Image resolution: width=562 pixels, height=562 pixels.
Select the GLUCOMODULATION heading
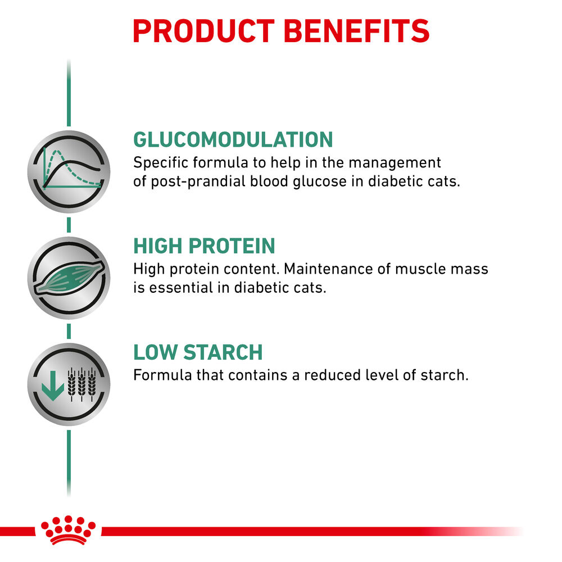click(233, 139)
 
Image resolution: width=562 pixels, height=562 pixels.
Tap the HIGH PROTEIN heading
click(204, 246)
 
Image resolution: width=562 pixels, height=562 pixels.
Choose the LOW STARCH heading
click(198, 352)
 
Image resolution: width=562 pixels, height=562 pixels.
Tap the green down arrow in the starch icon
click(53, 384)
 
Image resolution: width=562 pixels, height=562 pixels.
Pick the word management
click(395, 163)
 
